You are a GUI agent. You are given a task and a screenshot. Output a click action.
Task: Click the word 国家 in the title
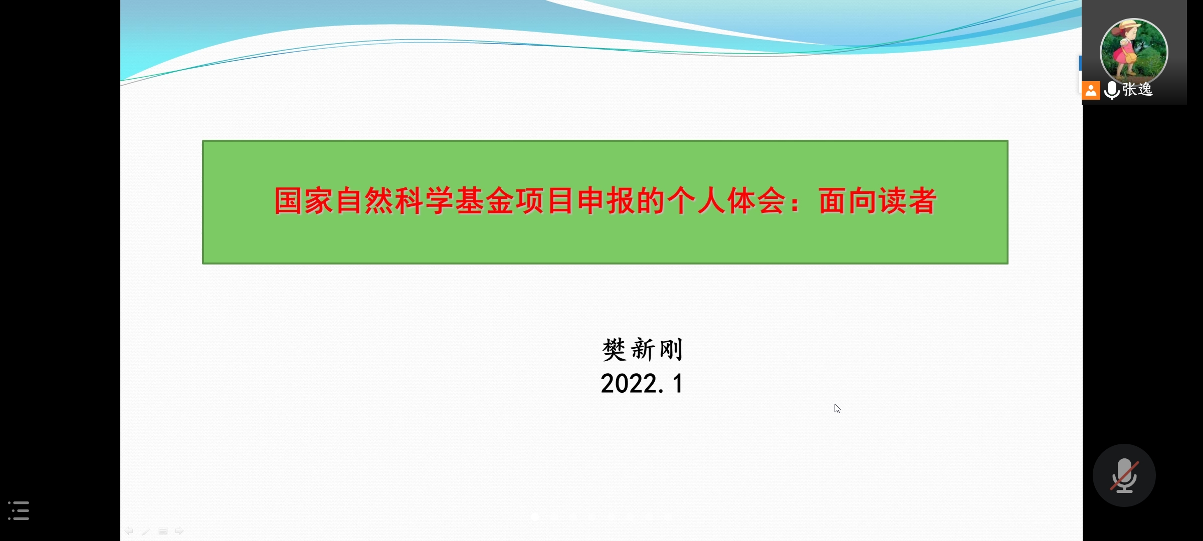(x=304, y=201)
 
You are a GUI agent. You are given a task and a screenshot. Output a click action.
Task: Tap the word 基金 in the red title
(x=485, y=201)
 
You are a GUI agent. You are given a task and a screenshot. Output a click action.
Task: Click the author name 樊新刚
(x=642, y=350)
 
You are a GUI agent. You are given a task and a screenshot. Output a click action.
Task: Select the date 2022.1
(x=642, y=384)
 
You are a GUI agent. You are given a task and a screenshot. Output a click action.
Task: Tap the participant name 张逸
(x=1138, y=90)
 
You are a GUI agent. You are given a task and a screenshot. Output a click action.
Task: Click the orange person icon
(x=1091, y=91)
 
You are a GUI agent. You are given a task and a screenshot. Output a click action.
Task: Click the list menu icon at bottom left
(x=19, y=510)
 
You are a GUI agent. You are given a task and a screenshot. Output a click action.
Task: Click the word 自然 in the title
(x=364, y=201)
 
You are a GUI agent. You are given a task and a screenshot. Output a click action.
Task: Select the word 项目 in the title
(x=545, y=201)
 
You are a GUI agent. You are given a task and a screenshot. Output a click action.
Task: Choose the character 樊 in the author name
(x=614, y=350)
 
